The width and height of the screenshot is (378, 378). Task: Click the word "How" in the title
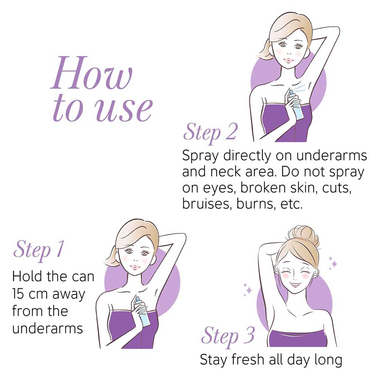tap(91, 73)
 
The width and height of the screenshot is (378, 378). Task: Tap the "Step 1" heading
tap(39, 250)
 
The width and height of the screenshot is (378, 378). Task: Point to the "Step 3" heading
tap(228, 336)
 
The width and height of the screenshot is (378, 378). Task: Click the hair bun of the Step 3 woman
tap(304, 236)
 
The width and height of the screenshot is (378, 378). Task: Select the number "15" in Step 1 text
tap(18, 294)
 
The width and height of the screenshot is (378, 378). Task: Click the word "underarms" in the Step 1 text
tap(48, 328)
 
